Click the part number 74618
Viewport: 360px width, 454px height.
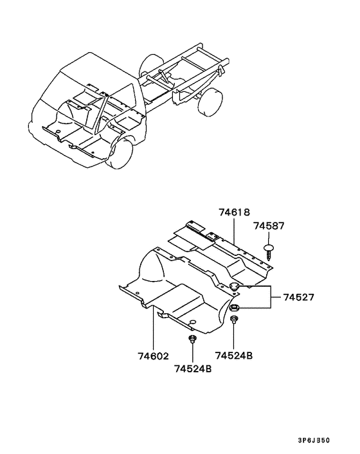pyautogui.click(x=234, y=212)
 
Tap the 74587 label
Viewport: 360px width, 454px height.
pyautogui.click(x=269, y=226)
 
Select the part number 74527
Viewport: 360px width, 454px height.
pyautogui.click(x=298, y=297)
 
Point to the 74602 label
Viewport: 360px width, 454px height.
pyautogui.click(x=153, y=356)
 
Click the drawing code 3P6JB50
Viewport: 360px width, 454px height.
pyautogui.click(x=314, y=440)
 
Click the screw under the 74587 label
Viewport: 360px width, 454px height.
pyautogui.click(x=269, y=252)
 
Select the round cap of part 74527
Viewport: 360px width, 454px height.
pyautogui.click(x=234, y=287)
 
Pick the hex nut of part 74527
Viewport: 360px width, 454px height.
pyautogui.click(x=234, y=308)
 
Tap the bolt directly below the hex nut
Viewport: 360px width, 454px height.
pyautogui.click(x=234, y=320)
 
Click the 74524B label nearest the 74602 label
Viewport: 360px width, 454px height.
pyautogui.click(x=193, y=369)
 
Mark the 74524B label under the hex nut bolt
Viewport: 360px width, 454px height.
pyautogui.click(x=234, y=355)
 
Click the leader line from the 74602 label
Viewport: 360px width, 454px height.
pyautogui.click(x=152, y=329)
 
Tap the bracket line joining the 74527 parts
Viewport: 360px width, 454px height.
pyautogui.click(x=271, y=297)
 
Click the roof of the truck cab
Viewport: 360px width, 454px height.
pyautogui.click(x=96, y=67)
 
